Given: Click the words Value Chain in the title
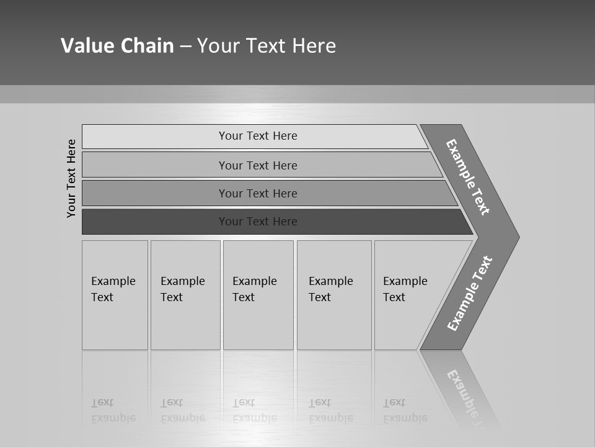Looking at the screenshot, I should click(117, 46).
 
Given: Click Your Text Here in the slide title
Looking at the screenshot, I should click(267, 46).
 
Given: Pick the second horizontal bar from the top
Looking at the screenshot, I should click(258, 165).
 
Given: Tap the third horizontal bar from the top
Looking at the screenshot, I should click(258, 193).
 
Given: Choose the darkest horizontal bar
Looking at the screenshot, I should click(258, 222).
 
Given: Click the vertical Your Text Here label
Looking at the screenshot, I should click(71, 178).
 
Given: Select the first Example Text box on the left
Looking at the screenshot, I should click(115, 295).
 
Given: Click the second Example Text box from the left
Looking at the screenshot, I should click(185, 295).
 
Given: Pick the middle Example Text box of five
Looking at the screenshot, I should click(258, 295).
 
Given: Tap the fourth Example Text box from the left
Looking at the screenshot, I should click(334, 295).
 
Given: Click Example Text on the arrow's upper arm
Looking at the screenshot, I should click(468, 177).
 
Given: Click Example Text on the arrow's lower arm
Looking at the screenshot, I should click(469, 294).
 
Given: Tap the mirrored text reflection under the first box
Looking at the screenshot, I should click(113, 410).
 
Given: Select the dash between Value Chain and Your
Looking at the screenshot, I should click(185, 47).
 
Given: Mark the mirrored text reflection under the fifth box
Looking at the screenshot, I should click(405, 410).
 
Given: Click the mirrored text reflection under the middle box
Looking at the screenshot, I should click(255, 410).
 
